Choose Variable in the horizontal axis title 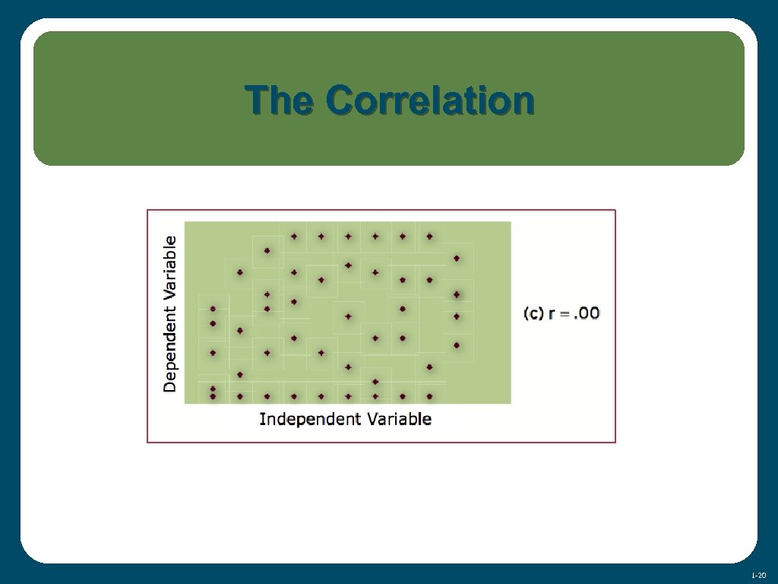400,419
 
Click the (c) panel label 533,313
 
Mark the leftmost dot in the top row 294,236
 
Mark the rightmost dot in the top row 429,236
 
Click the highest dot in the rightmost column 457,258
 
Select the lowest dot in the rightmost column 457,344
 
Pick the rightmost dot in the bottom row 429,396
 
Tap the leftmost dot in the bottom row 213,396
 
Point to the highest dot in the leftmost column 213,309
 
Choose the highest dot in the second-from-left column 239,272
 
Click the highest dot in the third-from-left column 267,250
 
